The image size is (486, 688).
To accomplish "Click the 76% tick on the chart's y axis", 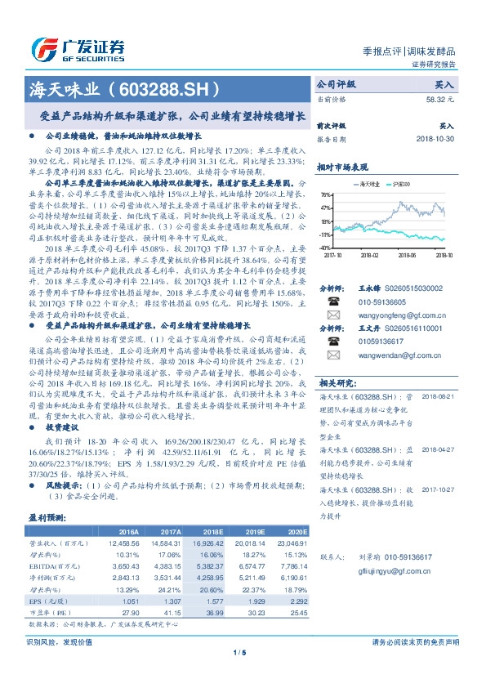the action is pos(325,195).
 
